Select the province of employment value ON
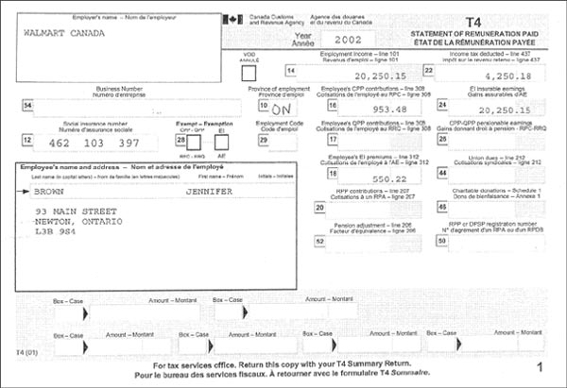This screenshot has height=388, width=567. click(x=281, y=109)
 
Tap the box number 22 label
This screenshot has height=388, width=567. click(x=428, y=71)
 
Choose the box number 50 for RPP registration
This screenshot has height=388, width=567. click(x=442, y=241)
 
